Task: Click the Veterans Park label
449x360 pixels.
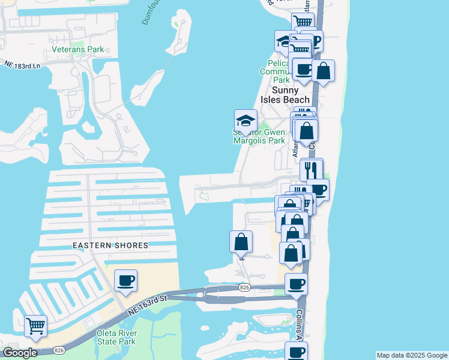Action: (77, 49)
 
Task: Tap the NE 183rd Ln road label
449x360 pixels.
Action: (22, 64)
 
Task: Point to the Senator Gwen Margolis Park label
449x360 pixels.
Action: (259, 136)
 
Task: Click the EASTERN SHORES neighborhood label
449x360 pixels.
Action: (110, 245)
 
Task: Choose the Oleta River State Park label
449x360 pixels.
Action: (117, 337)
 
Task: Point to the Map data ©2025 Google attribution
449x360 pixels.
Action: (412, 355)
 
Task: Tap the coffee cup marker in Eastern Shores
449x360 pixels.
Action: (125, 280)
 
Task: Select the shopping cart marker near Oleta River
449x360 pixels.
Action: (36, 326)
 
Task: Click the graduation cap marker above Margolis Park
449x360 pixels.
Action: (246, 120)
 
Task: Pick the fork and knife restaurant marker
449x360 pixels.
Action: (311, 169)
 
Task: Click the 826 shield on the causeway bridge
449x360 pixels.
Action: (244, 289)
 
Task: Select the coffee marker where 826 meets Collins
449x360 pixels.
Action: (295, 284)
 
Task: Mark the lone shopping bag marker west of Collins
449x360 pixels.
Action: (241, 242)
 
